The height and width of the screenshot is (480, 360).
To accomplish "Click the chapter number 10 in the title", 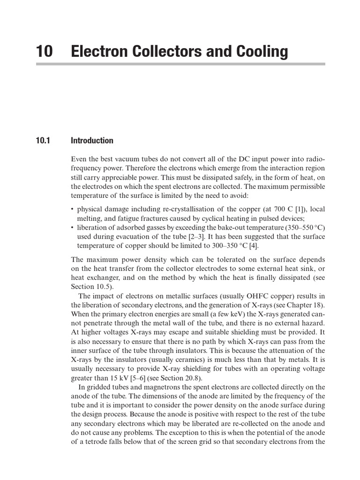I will (45, 51).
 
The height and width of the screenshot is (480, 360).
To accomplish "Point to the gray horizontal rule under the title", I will (180, 63).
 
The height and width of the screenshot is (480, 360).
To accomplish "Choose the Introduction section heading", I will (92, 141).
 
